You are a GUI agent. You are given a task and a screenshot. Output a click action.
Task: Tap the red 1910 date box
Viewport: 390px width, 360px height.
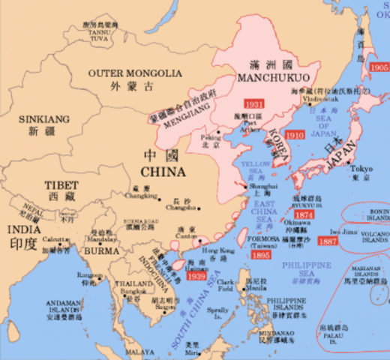click(x=295, y=136)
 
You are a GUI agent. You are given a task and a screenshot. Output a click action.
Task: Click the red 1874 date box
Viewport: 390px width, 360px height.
click(x=304, y=214)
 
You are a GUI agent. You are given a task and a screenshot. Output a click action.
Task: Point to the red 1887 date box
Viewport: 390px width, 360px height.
click(x=327, y=241)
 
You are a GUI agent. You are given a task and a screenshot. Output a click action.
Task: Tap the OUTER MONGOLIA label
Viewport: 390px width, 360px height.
click(x=134, y=73)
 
